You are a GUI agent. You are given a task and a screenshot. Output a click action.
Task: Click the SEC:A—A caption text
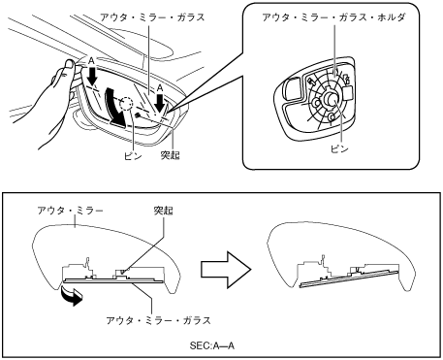(x=212, y=345)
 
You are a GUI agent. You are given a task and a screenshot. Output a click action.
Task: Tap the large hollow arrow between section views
(x=226, y=270)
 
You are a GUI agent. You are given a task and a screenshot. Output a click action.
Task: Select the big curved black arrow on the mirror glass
(x=115, y=107)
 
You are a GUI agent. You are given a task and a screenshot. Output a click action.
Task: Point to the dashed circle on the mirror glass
(x=125, y=104)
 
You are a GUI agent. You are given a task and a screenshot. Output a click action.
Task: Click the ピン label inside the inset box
(x=339, y=148)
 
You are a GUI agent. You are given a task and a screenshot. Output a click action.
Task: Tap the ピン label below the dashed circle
(x=133, y=156)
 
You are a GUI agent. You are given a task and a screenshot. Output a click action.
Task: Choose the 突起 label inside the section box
(x=163, y=211)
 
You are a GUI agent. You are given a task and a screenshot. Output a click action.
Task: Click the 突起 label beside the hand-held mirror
(x=171, y=155)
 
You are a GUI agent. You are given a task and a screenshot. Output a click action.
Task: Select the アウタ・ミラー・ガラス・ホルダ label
(x=333, y=17)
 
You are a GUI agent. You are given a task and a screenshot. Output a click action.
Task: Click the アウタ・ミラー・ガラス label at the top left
(x=152, y=17)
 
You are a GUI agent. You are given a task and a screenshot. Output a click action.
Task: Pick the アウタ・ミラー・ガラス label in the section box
(x=158, y=320)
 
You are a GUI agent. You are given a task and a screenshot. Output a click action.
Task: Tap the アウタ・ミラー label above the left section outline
(x=70, y=211)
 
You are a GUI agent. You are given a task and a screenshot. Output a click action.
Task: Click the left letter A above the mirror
(x=91, y=60)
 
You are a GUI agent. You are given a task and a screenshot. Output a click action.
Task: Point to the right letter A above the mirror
(x=160, y=87)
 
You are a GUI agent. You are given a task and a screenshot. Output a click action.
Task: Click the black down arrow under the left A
(x=93, y=76)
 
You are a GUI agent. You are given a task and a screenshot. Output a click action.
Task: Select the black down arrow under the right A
(x=159, y=102)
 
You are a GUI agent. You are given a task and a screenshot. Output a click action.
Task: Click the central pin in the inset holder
(x=332, y=98)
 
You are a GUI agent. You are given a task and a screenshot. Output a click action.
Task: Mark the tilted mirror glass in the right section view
(x=350, y=278)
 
